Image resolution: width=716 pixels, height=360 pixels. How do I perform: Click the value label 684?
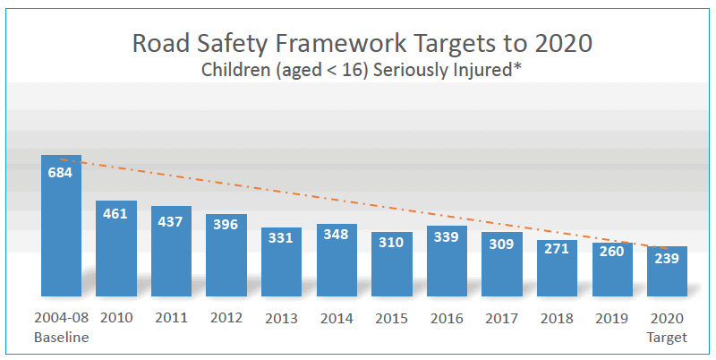point(61,172)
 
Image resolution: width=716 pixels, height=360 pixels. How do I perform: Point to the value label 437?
point(171,221)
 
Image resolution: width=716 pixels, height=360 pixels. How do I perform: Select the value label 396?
point(226,225)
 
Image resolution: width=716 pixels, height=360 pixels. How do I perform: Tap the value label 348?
point(337,236)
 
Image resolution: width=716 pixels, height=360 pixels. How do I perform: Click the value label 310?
point(392,243)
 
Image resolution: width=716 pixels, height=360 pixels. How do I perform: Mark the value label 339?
point(447,236)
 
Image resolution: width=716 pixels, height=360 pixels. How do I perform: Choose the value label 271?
point(557,249)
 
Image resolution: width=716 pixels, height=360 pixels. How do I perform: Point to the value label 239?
point(667,259)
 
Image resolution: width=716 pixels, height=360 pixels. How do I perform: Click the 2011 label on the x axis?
point(171,318)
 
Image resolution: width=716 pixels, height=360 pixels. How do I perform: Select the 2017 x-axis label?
point(502,318)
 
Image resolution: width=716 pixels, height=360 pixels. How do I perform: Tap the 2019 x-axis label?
point(612,318)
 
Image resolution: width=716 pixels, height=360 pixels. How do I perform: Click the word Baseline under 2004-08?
point(61,338)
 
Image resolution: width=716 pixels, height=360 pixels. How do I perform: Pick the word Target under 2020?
point(667,338)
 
